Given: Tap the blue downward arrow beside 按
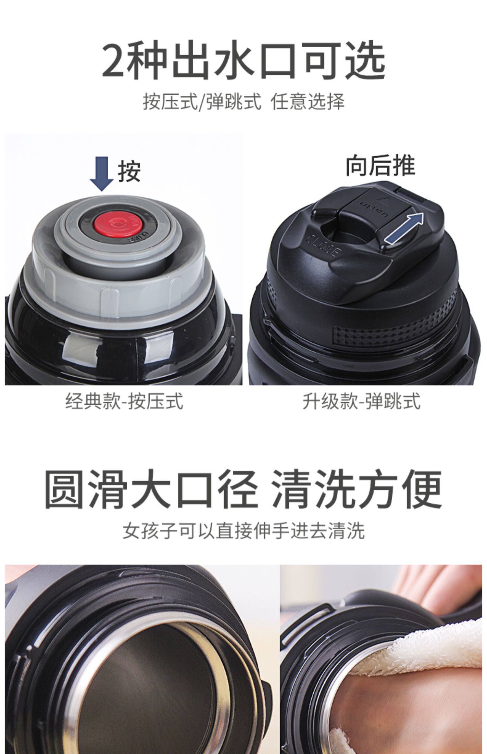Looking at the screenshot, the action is [x=102, y=173].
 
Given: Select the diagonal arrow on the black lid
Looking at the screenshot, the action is [x=404, y=228].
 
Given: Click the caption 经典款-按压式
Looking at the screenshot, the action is [x=124, y=401].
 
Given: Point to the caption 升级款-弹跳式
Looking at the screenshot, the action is [x=361, y=401].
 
